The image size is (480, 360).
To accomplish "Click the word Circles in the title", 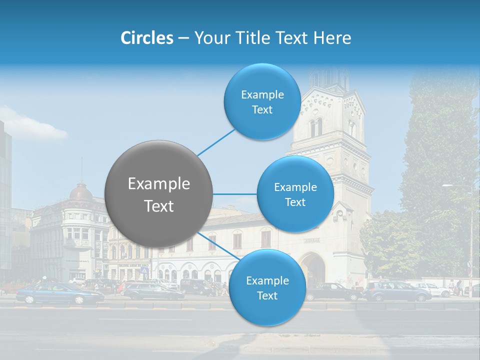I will click(146, 38).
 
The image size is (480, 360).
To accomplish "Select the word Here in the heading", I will click(332, 38).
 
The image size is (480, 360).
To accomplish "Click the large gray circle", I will click(158, 194).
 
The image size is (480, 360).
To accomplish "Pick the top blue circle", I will click(262, 102).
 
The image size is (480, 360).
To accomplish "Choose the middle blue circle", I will click(295, 194).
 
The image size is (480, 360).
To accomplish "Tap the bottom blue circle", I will click(267, 288).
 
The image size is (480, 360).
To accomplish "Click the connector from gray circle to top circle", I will click(215, 141).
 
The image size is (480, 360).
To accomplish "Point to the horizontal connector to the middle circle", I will click(235, 194).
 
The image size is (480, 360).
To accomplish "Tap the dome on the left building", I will click(81, 192).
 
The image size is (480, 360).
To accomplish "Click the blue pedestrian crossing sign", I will click(144, 270).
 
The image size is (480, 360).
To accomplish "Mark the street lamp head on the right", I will click(448, 186).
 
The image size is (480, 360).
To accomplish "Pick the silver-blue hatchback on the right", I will click(397, 291).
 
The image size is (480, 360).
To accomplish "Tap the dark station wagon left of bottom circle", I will click(152, 291).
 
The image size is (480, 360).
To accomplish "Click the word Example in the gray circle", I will click(159, 184).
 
